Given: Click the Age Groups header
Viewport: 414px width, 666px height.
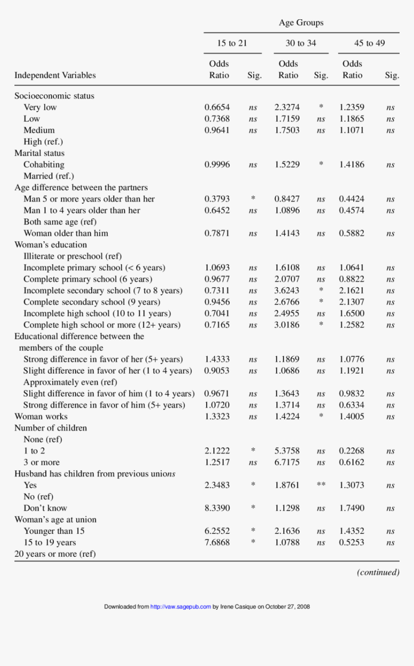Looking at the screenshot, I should (301, 23).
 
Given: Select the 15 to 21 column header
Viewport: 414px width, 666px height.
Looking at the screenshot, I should (232, 43).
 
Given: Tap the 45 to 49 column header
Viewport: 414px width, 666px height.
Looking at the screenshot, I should (369, 43).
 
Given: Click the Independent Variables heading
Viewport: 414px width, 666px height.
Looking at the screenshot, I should (55, 75).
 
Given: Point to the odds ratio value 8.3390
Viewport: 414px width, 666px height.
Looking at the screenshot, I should (217, 508).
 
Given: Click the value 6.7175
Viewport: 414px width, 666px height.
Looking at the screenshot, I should (287, 463).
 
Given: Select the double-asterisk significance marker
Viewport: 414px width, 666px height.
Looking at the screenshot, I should (321, 485).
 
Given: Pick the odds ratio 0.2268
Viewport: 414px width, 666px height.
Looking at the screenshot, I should (351, 451).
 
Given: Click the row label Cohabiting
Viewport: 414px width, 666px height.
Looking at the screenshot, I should (44, 164).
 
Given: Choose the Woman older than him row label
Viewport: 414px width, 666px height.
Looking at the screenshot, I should (65, 233).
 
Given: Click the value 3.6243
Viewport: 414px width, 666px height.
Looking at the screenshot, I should (287, 290).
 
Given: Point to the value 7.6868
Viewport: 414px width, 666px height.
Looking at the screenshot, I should (217, 542).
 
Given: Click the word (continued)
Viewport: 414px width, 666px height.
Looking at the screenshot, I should (378, 572).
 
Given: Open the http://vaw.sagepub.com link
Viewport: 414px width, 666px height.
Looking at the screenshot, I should (181, 607).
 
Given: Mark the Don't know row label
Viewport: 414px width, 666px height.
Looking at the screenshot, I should (45, 508).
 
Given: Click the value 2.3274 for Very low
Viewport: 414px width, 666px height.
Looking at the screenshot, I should (287, 107).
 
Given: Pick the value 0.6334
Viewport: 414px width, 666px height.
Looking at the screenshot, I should (351, 405).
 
